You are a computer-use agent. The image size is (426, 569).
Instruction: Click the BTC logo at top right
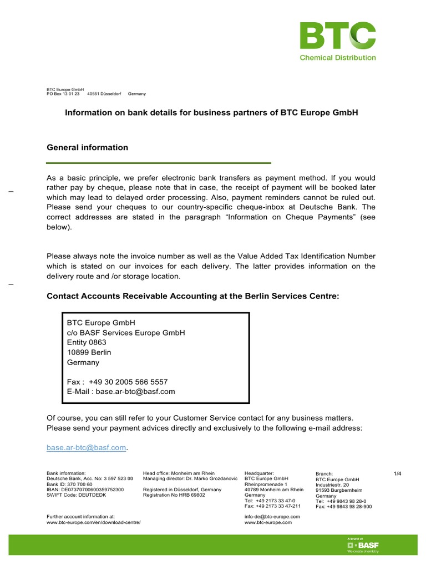(337, 36)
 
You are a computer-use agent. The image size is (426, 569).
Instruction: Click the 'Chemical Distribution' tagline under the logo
(337, 57)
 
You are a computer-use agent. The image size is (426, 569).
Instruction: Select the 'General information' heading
(87, 147)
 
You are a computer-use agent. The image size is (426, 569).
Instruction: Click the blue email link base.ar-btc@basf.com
(87, 447)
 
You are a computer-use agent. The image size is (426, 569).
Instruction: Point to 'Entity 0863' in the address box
(87, 342)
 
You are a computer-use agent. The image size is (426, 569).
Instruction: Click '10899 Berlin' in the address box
(89, 352)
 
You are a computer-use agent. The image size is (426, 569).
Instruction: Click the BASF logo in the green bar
(362, 545)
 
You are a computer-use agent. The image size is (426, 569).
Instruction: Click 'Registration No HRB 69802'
(174, 495)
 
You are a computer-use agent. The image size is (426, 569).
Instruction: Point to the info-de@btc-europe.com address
(272, 517)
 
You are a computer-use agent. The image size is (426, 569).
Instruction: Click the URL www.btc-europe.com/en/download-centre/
(93, 523)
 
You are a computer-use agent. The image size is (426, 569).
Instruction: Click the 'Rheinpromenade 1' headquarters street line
(266, 484)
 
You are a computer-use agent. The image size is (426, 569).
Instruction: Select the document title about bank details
(212, 112)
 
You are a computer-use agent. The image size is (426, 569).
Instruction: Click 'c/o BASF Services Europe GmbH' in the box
(126, 332)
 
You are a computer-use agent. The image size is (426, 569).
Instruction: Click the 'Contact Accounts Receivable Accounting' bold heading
(192, 296)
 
